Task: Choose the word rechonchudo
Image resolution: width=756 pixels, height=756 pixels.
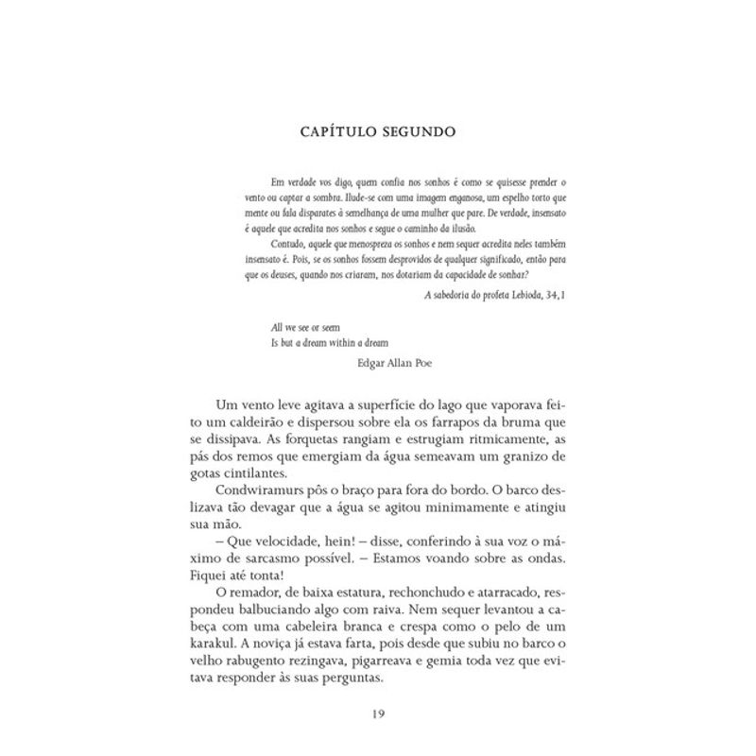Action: pos(421,590)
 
